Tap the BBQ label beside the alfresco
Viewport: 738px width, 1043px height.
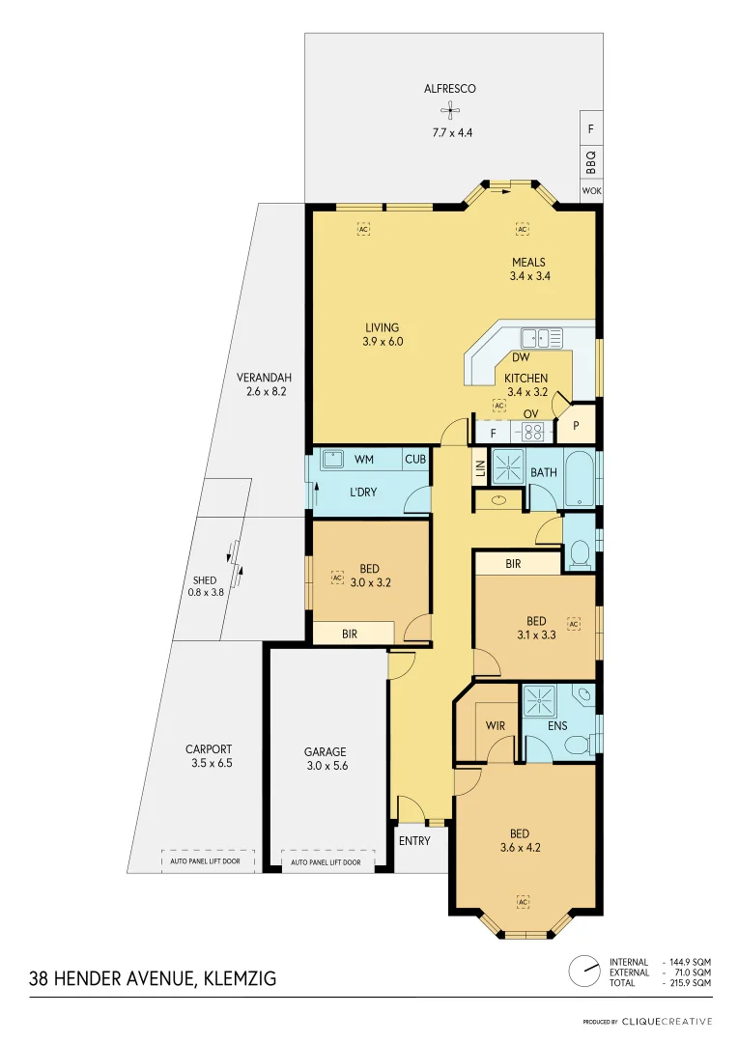tap(591, 161)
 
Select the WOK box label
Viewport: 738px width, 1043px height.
tap(591, 191)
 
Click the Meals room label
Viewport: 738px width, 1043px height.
tap(528, 262)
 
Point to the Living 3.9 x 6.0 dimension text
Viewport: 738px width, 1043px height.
tap(382, 342)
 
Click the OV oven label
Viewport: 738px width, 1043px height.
tap(530, 414)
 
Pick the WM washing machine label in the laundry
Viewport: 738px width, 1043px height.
tap(364, 459)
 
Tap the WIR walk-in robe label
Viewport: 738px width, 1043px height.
tap(495, 725)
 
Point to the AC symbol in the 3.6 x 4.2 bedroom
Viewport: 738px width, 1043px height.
tap(523, 901)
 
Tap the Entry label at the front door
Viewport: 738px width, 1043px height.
tap(414, 841)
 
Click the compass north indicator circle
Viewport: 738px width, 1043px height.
tap(583, 972)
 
